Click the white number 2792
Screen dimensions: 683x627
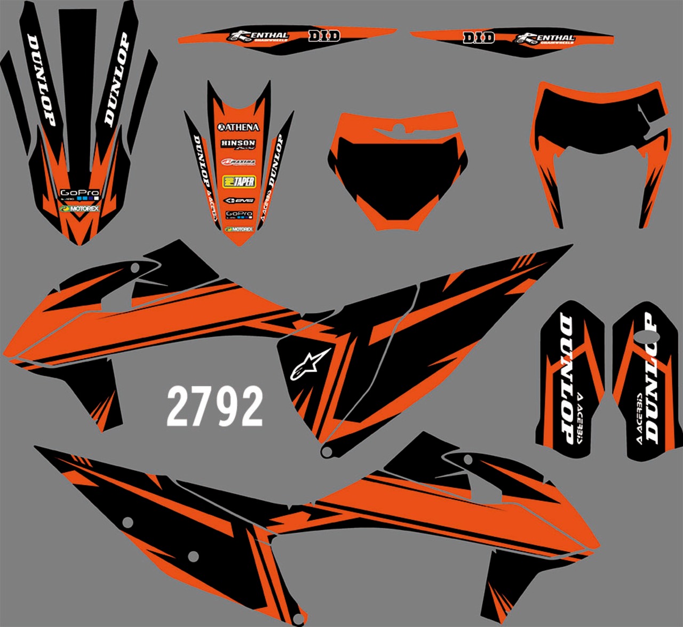tap(215, 406)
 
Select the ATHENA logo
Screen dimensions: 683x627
tap(239, 127)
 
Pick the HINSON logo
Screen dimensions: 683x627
tap(238, 144)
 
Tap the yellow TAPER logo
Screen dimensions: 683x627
tap(239, 181)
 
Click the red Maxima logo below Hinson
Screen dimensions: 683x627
tap(239, 162)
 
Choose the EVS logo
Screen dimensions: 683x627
tap(239, 200)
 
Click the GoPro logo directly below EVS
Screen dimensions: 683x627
tap(239, 215)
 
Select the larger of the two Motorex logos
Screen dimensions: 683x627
tap(80, 209)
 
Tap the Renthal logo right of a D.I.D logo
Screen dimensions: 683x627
tap(545, 38)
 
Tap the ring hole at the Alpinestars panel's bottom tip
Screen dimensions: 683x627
tap(327, 452)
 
